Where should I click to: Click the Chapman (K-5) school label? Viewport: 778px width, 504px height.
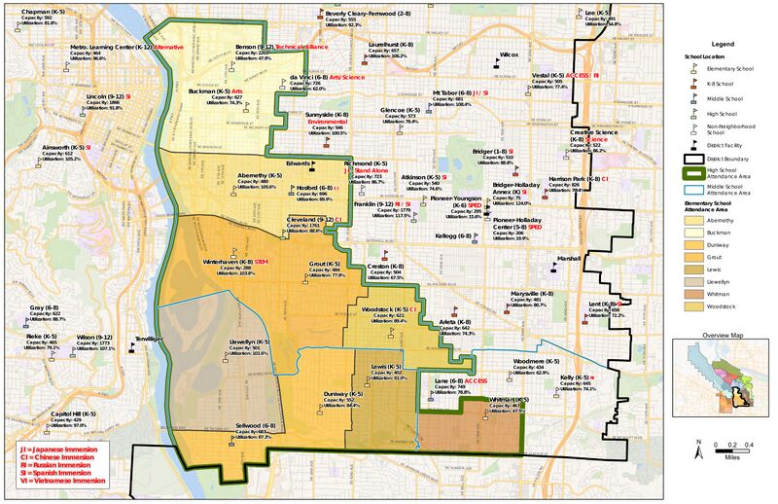click(x=35, y=12)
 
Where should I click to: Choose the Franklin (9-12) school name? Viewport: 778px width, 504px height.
click(x=372, y=204)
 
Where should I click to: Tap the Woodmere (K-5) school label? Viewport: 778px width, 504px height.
click(x=528, y=360)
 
